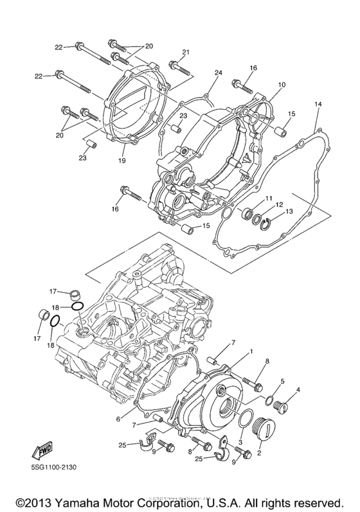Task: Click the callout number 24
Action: coord(218,73)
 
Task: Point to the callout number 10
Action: coord(281,85)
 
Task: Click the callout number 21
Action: coord(185,52)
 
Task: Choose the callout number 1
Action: coord(251,351)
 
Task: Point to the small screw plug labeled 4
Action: coord(280,406)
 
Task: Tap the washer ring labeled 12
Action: coord(256,218)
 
